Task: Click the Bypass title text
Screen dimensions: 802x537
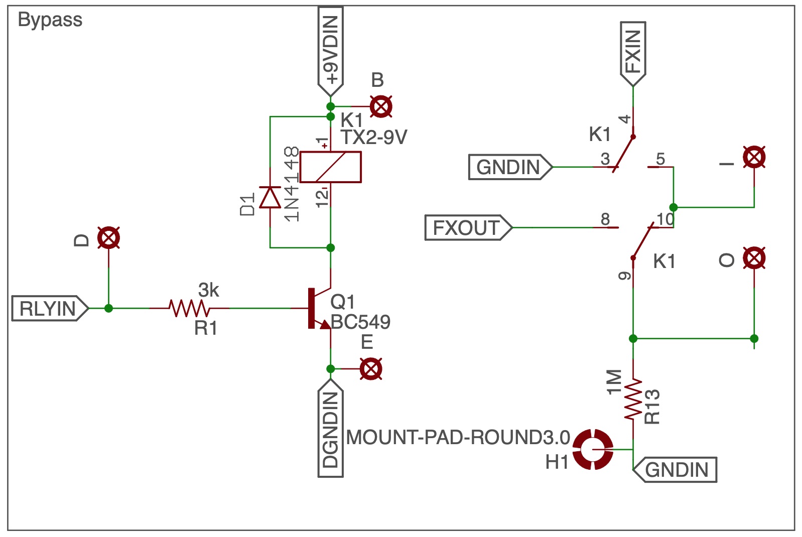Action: click(50, 20)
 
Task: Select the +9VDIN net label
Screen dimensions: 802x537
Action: click(330, 51)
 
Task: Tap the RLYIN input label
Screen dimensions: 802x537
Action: click(50, 308)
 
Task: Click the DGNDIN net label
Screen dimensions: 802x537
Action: click(330, 428)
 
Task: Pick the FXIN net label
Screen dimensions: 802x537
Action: click(633, 54)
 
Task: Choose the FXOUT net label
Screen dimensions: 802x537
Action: click(468, 228)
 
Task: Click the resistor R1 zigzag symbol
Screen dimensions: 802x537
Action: click(189, 308)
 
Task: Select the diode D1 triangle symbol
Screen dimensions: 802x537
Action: click(270, 197)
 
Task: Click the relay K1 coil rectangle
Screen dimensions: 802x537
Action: click(330, 167)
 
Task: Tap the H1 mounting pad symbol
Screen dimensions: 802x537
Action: click(593, 449)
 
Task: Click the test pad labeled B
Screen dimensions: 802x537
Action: click(381, 107)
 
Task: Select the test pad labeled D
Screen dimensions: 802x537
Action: click(108, 238)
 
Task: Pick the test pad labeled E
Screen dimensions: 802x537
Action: click(371, 369)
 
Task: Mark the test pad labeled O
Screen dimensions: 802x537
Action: click(754, 258)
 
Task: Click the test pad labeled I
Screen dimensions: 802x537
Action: click(754, 157)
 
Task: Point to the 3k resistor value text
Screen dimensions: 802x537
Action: click(208, 290)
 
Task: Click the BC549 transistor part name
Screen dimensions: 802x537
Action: click(360, 322)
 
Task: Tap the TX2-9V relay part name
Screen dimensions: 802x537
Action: click(374, 137)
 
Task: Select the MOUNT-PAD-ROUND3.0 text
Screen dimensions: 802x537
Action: click(458, 438)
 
